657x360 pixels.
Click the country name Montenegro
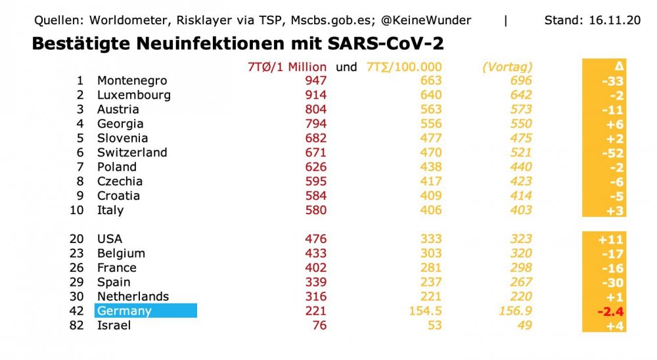[132, 81]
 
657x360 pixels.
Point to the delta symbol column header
[618, 66]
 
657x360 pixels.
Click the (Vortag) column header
[507, 66]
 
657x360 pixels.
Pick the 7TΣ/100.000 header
[404, 66]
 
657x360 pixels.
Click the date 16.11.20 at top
[616, 20]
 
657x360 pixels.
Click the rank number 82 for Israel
[77, 325]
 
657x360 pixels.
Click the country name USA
[110, 239]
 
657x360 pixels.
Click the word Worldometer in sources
[124, 20]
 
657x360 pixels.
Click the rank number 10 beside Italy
[77, 210]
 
